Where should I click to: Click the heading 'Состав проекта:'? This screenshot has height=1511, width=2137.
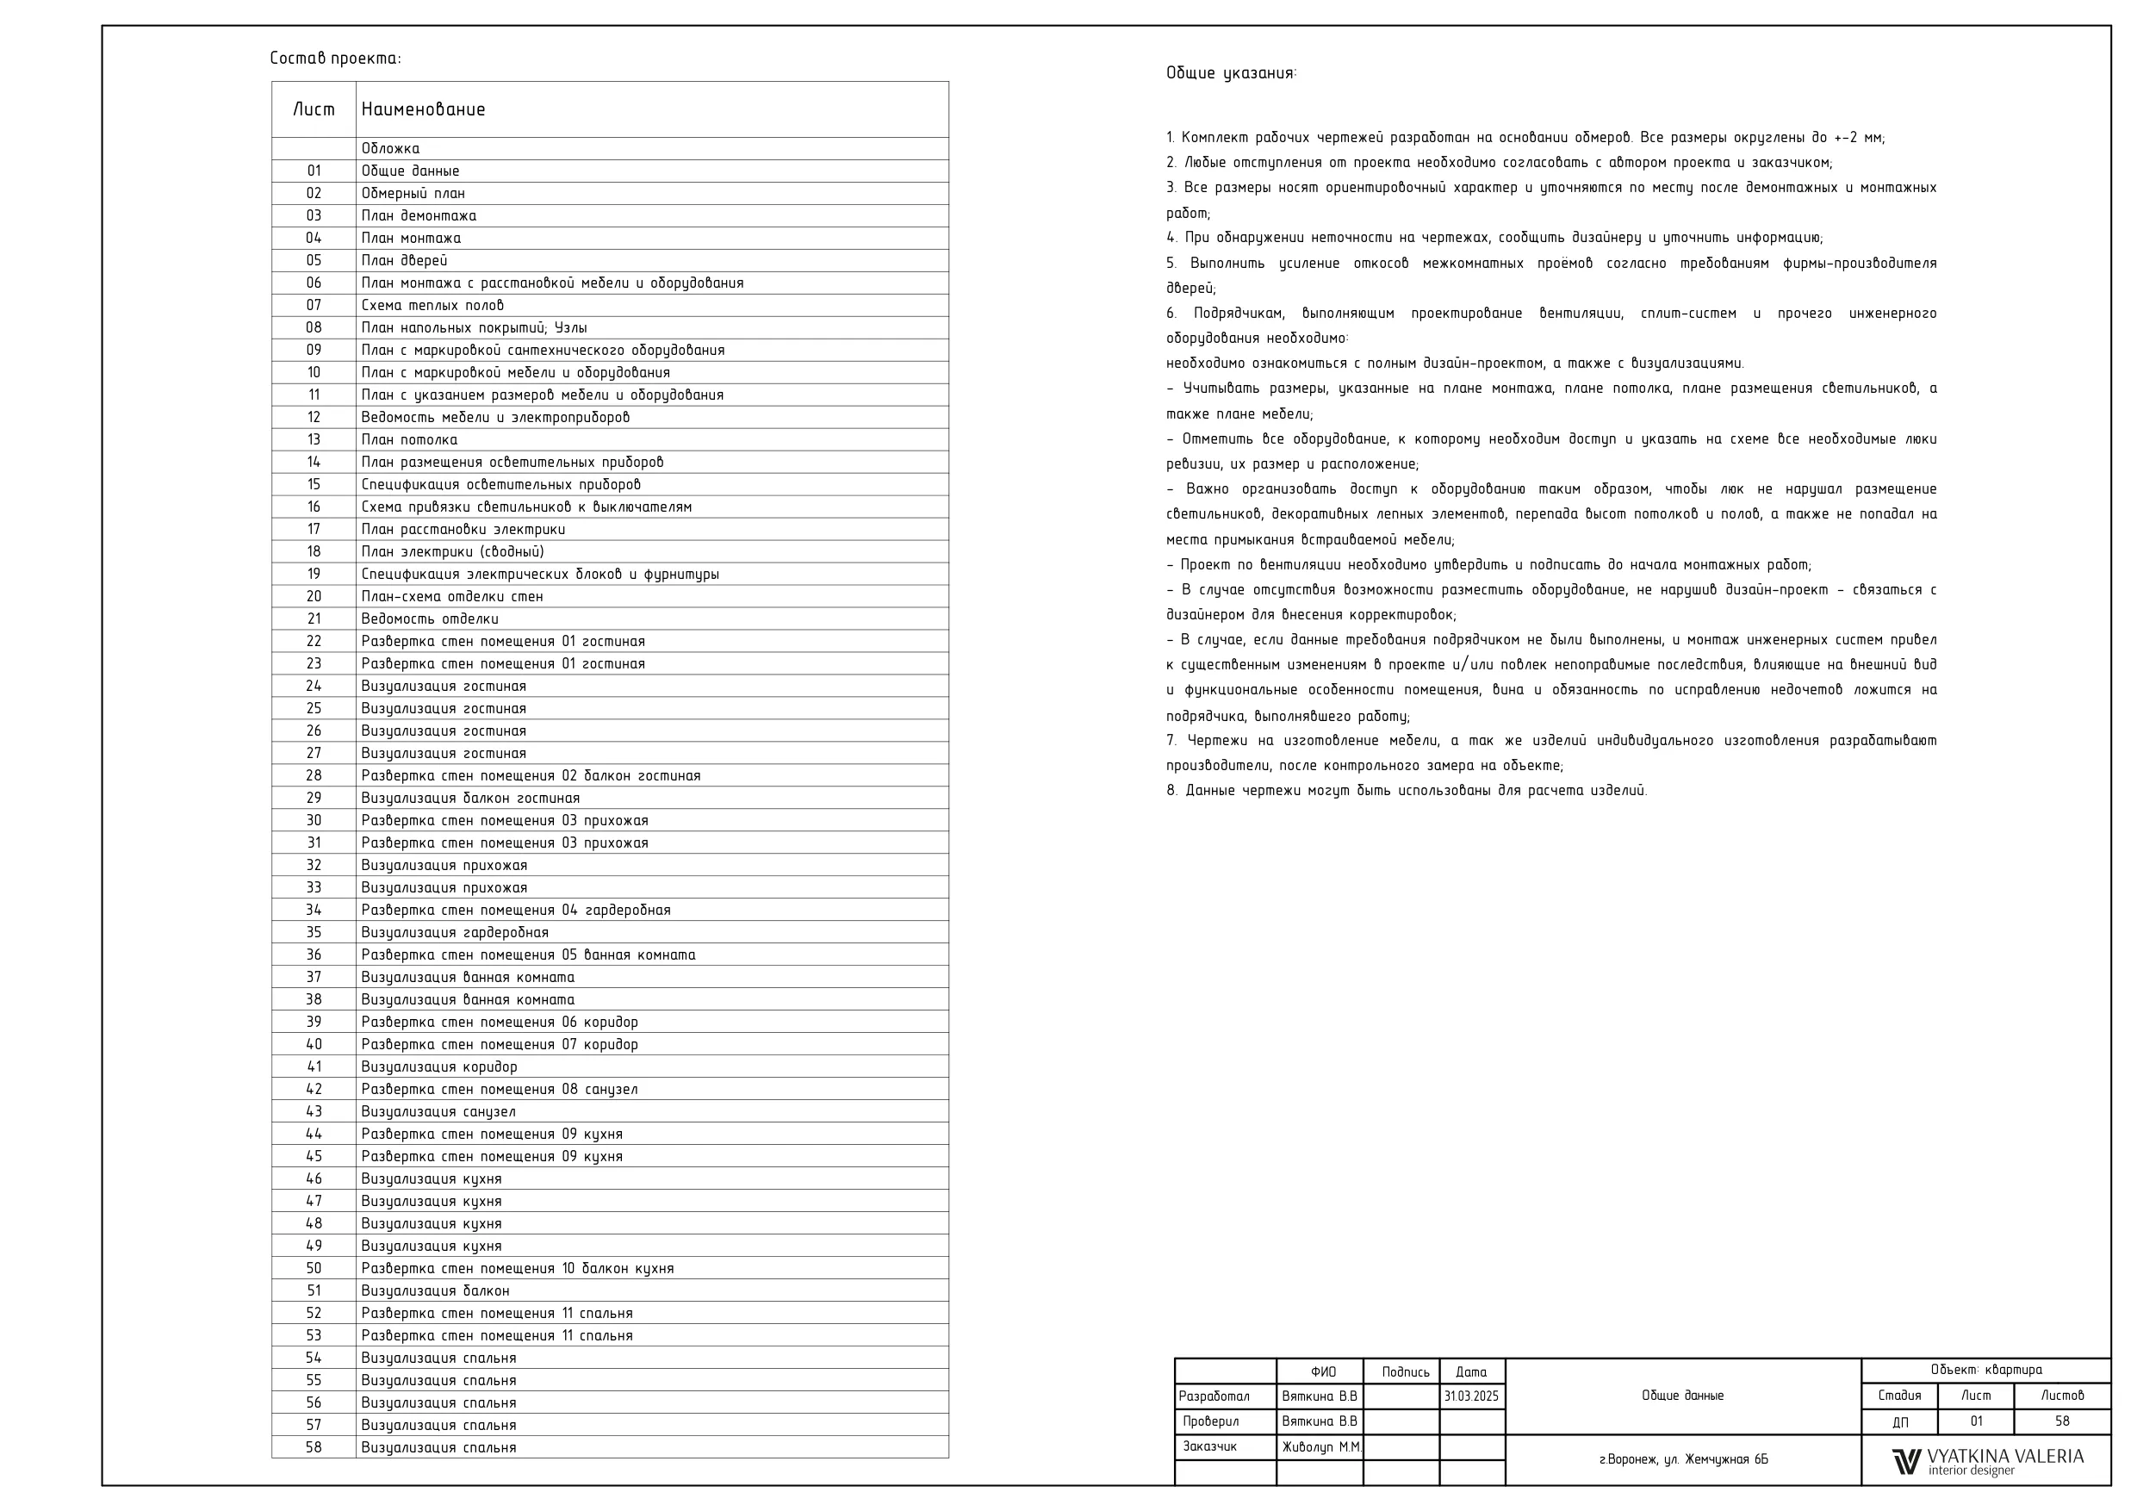coord(335,59)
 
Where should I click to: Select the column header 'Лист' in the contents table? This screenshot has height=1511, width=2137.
coord(314,110)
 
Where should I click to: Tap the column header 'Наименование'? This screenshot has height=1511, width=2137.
coord(424,110)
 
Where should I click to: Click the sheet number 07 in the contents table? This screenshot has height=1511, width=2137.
coord(314,305)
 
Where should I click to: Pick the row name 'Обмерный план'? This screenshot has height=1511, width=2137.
coord(413,194)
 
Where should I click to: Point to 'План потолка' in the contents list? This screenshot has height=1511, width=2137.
coord(409,440)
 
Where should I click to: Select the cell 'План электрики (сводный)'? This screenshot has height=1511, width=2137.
coord(453,552)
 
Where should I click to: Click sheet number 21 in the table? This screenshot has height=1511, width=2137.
coord(314,619)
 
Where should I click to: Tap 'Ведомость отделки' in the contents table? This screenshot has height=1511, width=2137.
coord(430,619)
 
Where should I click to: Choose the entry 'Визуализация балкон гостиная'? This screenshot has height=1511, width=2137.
coord(471,799)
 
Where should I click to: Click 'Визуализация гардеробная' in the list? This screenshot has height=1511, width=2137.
coord(455,933)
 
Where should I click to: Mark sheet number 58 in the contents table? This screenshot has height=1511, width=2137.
coord(314,1448)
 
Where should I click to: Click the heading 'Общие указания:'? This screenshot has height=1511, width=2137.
coord(1232,73)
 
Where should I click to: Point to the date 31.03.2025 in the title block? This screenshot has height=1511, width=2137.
coord(1471,1397)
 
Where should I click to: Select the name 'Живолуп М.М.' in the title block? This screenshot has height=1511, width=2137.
coord(1321,1448)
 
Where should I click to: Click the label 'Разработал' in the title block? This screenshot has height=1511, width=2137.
coord(1214,1397)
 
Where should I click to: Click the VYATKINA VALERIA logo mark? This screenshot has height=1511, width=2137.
coord(1906,1462)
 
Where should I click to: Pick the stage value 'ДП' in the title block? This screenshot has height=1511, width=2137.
coord(1899,1423)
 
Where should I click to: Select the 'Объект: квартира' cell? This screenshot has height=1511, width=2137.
coord(1986,1371)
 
